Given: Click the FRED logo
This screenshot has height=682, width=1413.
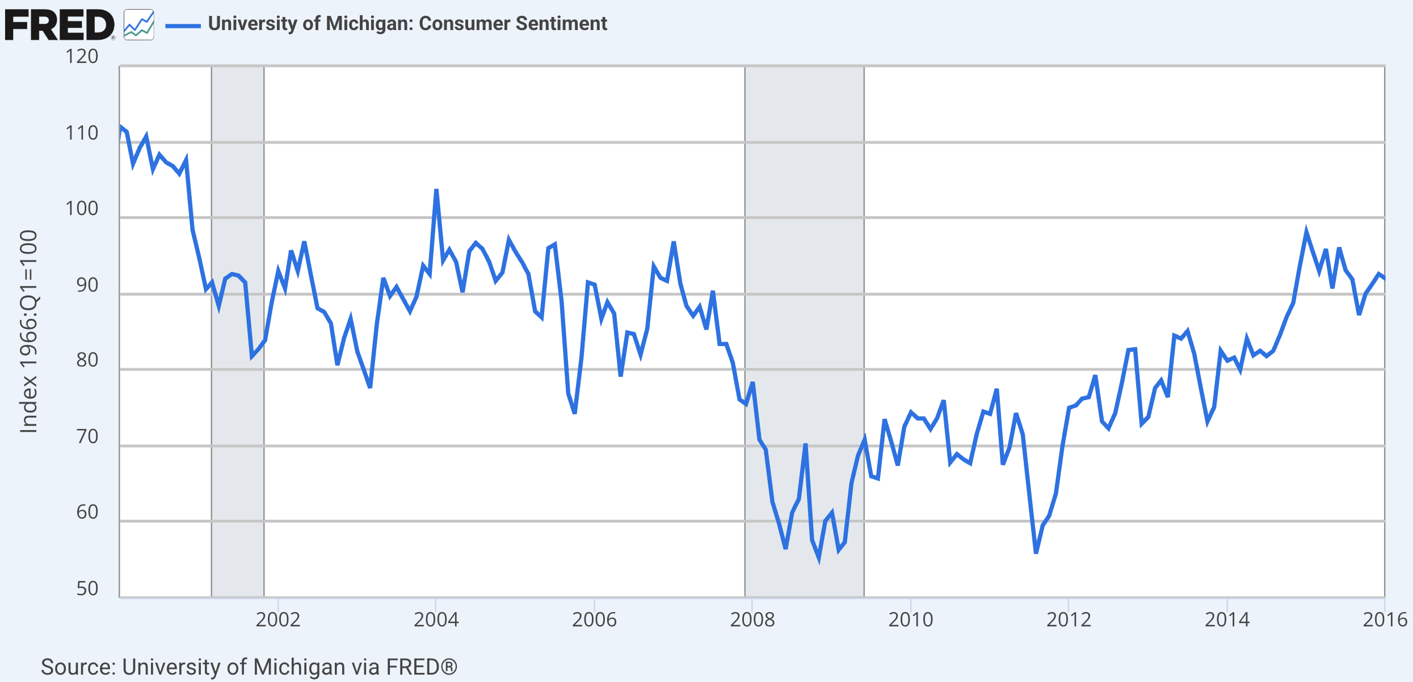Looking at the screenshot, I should click(x=60, y=25).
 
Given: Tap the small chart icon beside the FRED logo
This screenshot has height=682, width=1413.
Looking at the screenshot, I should click(x=139, y=25).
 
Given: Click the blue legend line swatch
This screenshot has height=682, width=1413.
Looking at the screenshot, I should click(x=183, y=26).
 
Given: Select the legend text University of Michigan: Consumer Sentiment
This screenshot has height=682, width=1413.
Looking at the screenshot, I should click(x=407, y=24).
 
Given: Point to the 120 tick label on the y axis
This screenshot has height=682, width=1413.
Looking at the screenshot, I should click(x=82, y=57).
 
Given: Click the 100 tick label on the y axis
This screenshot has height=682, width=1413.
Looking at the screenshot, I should click(x=82, y=209).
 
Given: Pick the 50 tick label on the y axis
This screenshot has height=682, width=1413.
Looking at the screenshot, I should click(x=87, y=589).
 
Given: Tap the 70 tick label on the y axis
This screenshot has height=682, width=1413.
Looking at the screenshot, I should click(x=87, y=437).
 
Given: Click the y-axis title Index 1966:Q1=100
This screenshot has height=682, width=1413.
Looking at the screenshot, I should click(x=28, y=332).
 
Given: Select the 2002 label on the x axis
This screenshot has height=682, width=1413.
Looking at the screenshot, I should click(x=277, y=620).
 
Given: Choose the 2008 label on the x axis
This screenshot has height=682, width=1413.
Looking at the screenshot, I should click(x=752, y=620).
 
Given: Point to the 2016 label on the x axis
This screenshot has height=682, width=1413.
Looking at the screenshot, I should click(x=1385, y=620).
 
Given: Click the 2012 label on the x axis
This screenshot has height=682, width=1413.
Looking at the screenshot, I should click(x=1069, y=620).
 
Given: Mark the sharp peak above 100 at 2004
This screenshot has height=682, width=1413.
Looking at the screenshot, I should click(x=436, y=191).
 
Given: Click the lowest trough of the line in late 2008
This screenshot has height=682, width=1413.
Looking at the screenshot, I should click(x=819, y=558).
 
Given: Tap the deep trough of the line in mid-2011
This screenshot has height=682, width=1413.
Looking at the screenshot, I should click(x=1036, y=552).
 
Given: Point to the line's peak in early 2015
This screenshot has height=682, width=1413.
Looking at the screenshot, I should click(x=1306, y=231).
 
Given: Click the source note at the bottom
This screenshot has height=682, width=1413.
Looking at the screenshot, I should click(x=249, y=667).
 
